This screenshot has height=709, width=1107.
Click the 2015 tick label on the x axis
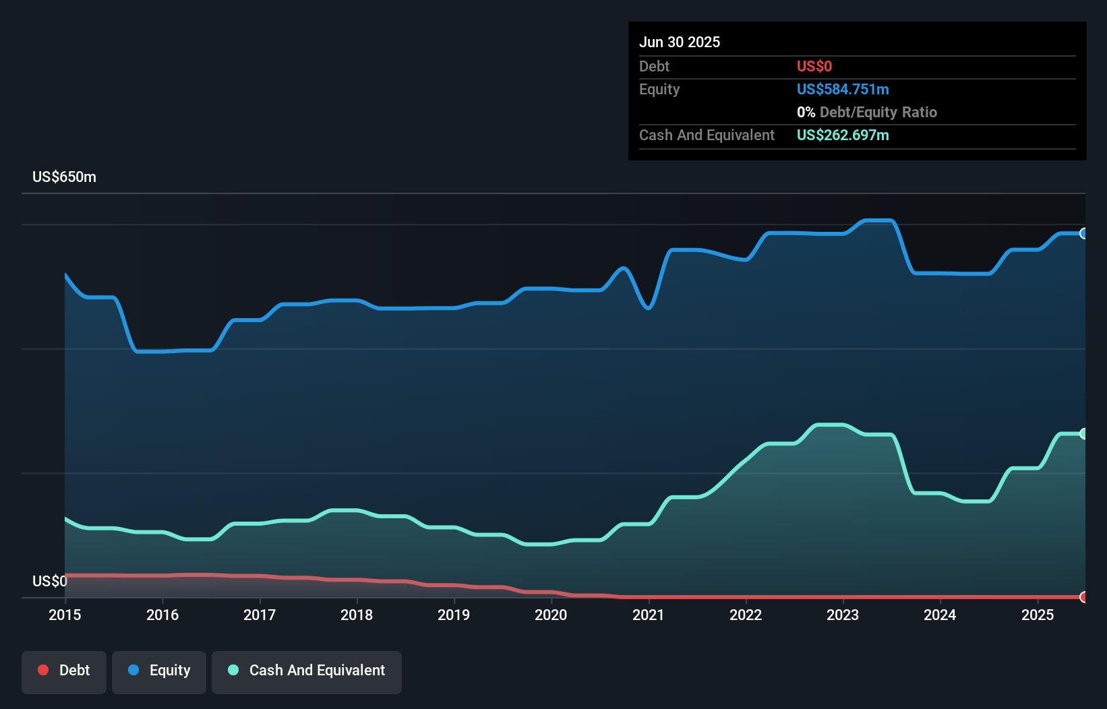65,615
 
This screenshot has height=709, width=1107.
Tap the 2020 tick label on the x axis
551,615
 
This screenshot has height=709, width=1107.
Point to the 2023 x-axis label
843,615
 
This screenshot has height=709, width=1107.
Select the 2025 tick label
1037,615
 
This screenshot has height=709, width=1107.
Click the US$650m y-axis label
64,177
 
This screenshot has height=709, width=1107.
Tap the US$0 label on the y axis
49,581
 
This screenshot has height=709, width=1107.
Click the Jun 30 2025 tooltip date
680,42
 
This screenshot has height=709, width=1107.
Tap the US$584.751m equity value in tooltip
843,90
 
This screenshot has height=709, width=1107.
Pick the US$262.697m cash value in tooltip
843,135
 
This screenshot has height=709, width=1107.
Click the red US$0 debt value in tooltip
814,66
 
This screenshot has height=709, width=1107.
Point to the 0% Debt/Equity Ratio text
867,113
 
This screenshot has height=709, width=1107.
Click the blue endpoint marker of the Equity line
1083,233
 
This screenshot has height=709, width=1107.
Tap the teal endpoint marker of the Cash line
1083,433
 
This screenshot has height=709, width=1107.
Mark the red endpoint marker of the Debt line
1083,596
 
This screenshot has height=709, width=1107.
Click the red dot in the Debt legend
43,670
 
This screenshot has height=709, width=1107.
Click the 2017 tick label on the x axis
260,615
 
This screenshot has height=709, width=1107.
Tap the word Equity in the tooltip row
659,90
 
